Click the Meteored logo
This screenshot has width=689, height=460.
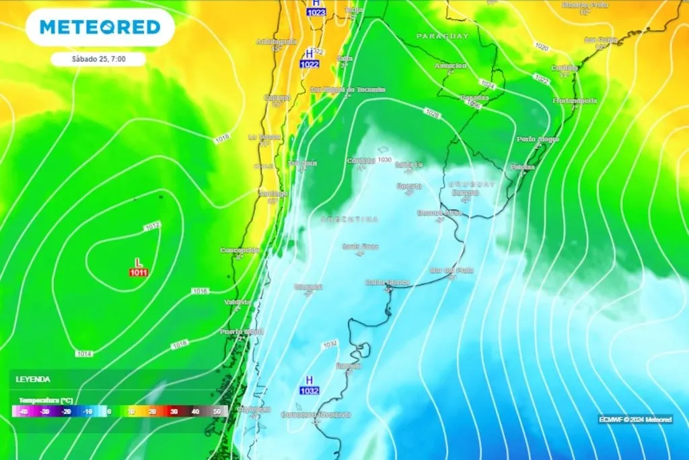[x=100, y=27]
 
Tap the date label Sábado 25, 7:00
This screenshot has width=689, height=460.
[x=98, y=59]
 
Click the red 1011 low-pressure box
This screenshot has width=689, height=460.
[x=139, y=272]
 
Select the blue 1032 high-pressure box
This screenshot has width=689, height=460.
[x=310, y=391]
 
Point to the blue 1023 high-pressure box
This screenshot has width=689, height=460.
[x=316, y=12]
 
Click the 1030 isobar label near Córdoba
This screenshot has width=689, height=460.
[x=385, y=160]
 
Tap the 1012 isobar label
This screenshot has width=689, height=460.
[x=152, y=225]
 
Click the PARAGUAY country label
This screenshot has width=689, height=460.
[x=442, y=36]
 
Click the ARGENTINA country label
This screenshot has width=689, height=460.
[x=349, y=220]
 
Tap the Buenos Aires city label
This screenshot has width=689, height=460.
[x=439, y=213]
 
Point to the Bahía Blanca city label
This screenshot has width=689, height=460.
[x=388, y=282]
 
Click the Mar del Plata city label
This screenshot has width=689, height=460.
[x=451, y=271]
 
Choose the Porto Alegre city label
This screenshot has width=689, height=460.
[x=538, y=139]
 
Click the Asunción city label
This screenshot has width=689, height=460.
[x=451, y=66]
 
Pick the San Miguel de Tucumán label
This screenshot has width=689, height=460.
[x=347, y=90]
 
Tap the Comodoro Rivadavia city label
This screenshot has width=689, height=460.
[x=316, y=415]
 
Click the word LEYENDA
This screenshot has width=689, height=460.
[x=33, y=379]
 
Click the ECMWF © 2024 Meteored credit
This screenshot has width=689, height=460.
[x=635, y=419]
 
